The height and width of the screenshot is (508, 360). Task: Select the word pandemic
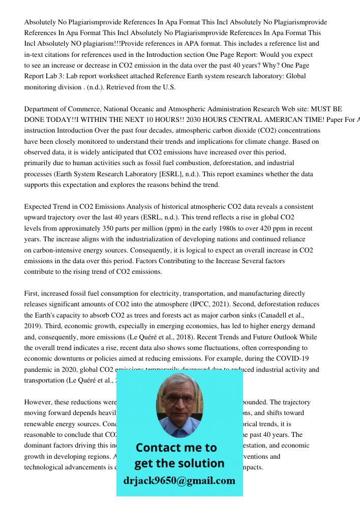click(40, 370)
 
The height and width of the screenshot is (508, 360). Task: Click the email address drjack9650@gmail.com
click(179, 481)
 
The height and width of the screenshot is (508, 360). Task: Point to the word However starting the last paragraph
click(39, 402)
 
